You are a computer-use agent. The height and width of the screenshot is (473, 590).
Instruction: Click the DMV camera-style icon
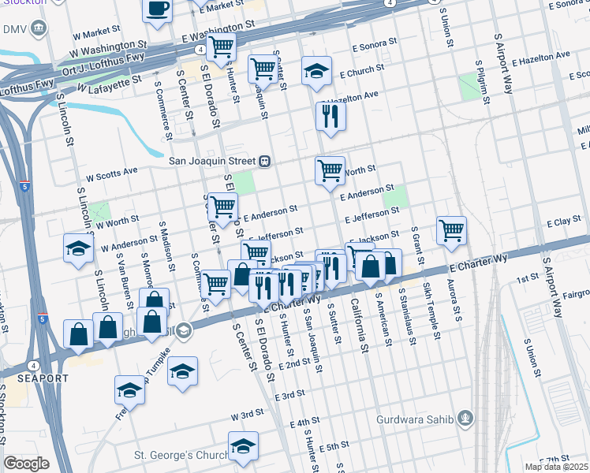39,29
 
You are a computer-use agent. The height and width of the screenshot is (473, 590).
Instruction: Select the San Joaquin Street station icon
265,161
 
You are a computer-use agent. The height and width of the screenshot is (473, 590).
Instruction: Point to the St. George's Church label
179,455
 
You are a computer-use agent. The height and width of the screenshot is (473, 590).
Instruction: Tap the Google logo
26,464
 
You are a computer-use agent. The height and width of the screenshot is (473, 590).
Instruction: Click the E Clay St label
563,223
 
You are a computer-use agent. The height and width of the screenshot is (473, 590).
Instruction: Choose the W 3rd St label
247,414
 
